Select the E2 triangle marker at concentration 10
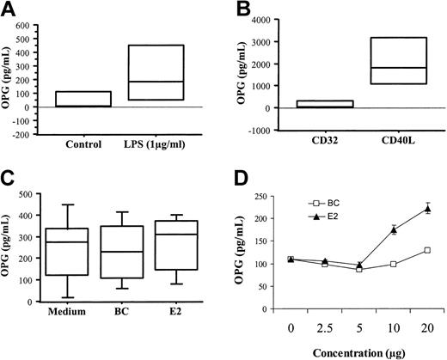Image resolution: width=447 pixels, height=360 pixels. pos(394,229)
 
